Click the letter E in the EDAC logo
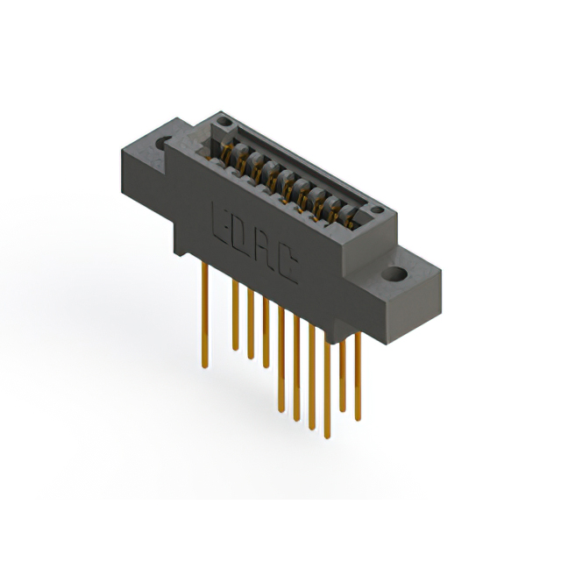[221, 220]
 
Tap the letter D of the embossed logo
[243, 234]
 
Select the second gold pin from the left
[235, 316]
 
